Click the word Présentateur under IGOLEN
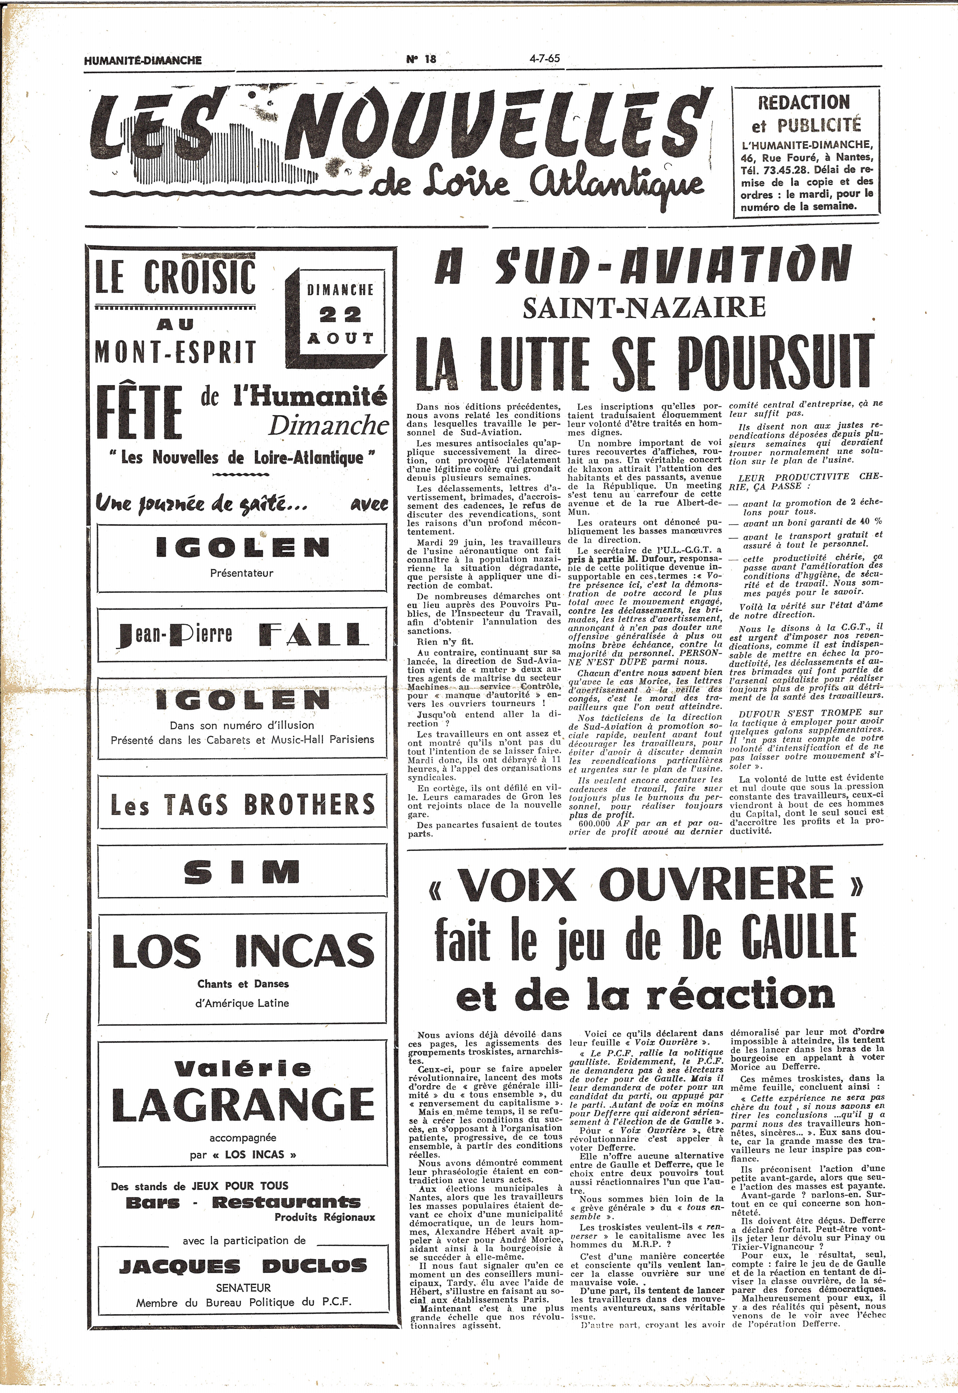pyautogui.click(x=241, y=573)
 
